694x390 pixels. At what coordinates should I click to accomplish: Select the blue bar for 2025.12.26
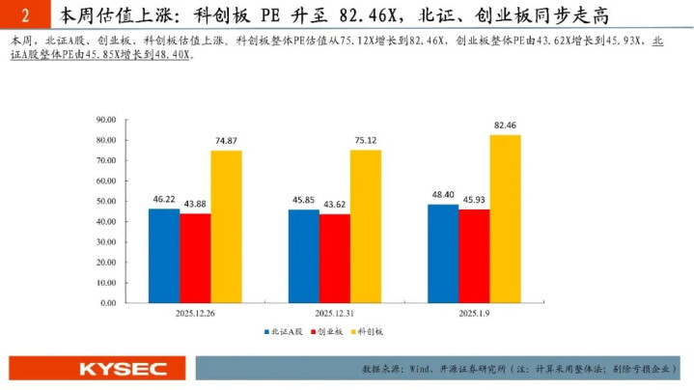pyautogui.click(x=164, y=255)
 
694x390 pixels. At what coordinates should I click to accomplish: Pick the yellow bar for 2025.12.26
pyautogui.click(x=226, y=226)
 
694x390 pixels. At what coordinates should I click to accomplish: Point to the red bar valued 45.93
pyautogui.click(x=474, y=256)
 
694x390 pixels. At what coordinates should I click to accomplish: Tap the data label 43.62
pyautogui.click(x=336, y=204)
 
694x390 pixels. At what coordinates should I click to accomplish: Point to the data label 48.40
pyautogui.click(x=442, y=194)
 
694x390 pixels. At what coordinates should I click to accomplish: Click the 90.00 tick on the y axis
pyautogui.click(x=106, y=120)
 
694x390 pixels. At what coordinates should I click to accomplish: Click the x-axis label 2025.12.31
pyautogui.click(x=335, y=315)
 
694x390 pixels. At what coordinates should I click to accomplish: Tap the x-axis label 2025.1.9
pyautogui.click(x=475, y=315)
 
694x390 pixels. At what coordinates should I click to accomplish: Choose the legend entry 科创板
pyautogui.click(x=371, y=333)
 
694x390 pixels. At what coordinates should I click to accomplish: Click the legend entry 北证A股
pyautogui.click(x=283, y=333)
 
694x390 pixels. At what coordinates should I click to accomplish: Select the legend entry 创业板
pyautogui.click(x=328, y=333)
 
